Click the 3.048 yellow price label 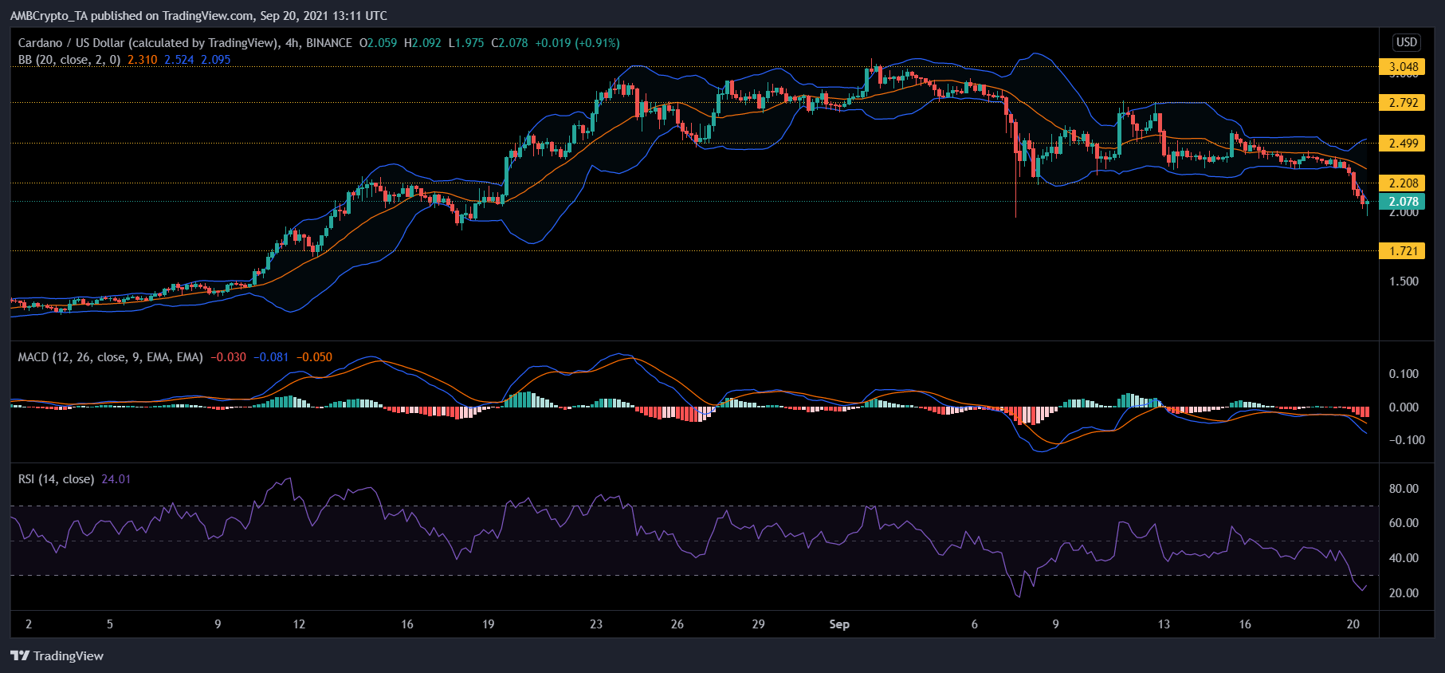coord(1403,67)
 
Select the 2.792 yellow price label coord(1403,103)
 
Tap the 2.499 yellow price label coord(1403,144)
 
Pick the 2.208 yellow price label coord(1403,183)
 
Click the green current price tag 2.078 coord(1403,202)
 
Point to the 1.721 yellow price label coord(1403,251)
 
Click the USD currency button coord(1406,42)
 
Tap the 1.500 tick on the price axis coord(1403,281)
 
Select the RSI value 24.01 coord(116,479)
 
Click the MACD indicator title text coord(110,357)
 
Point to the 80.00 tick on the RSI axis coord(1403,489)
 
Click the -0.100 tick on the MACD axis coord(1406,440)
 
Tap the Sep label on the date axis coord(839,624)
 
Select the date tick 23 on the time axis coord(596,624)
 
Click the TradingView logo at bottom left coord(57,655)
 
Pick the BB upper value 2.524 coord(179,60)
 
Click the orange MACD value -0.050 coord(314,357)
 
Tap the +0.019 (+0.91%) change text coord(576,43)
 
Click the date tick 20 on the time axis coord(1353,624)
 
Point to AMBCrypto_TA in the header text coord(49,16)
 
